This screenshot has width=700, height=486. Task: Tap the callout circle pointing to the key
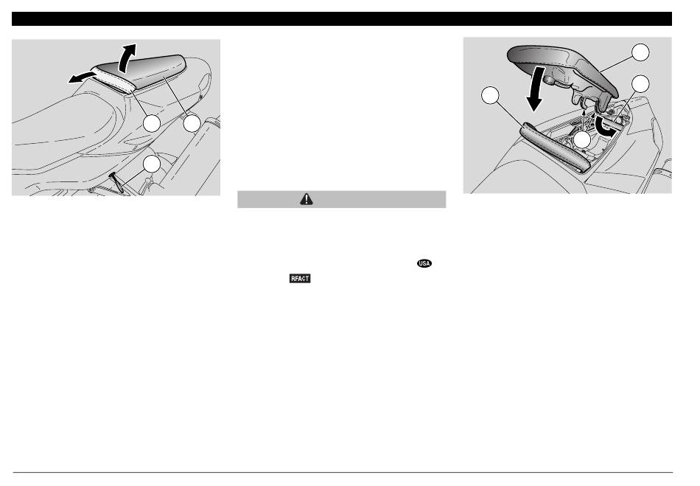coord(152,164)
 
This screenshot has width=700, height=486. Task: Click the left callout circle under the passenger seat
coord(152,124)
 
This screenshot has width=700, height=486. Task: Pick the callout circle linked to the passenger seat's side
coord(192,124)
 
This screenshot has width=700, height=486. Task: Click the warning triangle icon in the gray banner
coord(307,199)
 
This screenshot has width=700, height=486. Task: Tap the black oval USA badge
coord(424,263)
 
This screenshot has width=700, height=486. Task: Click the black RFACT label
coord(300,278)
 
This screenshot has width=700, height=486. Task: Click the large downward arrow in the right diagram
coord(534,88)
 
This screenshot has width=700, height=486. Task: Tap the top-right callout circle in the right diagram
coord(640,52)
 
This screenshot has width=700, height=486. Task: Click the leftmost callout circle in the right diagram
coord(490,95)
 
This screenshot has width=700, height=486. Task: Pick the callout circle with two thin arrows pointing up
coord(582,140)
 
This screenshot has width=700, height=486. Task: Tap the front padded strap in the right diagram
coord(556,147)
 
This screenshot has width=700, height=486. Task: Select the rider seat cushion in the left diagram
coord(67,130)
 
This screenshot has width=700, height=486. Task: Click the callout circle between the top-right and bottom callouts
coord(640,84)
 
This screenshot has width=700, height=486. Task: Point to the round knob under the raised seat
coord(548,80)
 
